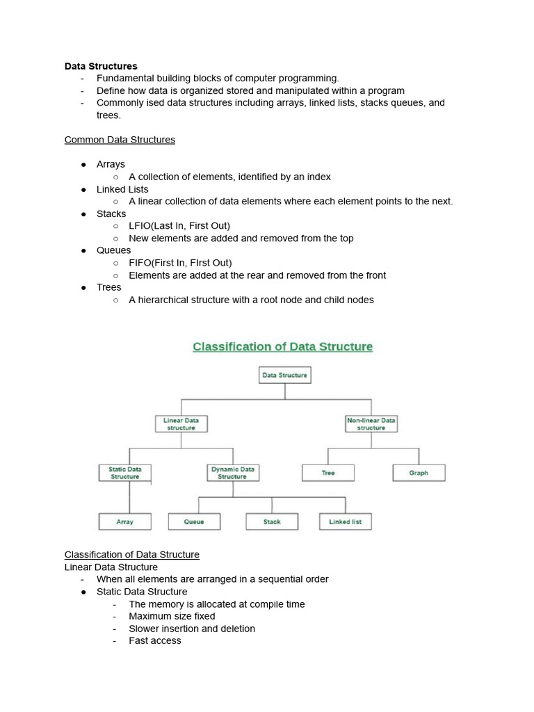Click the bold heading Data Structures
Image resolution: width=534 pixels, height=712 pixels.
tap(101, 66)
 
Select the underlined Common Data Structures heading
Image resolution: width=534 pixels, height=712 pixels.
tap(120, 140)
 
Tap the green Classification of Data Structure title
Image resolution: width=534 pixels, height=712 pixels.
tap(282, 346)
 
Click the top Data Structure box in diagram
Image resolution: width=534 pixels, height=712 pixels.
tap(284, 375)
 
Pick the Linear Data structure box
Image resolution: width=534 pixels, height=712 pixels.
tap(181, 424)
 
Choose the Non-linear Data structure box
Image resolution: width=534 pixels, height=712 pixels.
tap(371, 424)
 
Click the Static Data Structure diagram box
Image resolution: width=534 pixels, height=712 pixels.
tap(125, 473)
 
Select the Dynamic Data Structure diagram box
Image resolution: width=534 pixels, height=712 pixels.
tap(232, 473)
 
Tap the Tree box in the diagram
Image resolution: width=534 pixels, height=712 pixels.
tap(328, 473)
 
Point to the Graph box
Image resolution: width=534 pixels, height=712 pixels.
tap(419, 473)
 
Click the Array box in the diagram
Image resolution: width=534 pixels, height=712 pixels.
tap(125, 521)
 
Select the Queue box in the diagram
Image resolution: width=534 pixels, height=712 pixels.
tap(194, 521)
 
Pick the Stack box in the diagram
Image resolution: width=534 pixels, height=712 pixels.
tap(272, 521)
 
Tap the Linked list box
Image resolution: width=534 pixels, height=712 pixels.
tap(346, 521)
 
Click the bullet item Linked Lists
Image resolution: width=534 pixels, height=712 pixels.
tap(122, 189)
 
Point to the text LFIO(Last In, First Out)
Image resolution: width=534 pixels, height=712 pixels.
tap(179, 226)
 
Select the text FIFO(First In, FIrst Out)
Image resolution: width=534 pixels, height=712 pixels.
tap(180, 263)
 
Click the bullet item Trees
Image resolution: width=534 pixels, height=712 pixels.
tap(109, 287)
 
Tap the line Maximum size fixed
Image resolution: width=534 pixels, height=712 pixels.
tap(172, 616)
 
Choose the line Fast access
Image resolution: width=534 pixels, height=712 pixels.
tap(155, 640)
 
